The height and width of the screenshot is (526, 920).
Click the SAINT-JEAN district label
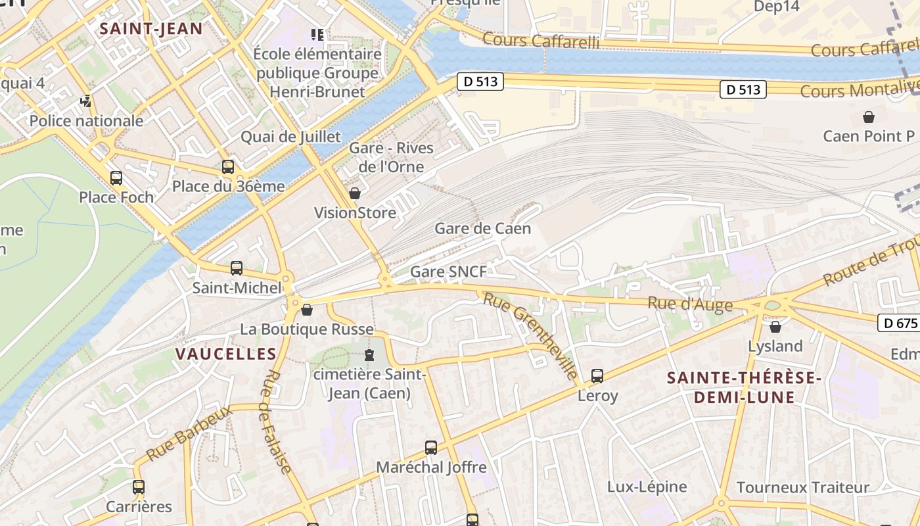[150, 28]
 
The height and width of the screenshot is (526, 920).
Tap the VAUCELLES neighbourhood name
[225, 354]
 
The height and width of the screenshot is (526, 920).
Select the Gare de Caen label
[482, 229]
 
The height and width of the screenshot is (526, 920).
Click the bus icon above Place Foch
[116, 178]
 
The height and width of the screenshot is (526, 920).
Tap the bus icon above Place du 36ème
[228, 166]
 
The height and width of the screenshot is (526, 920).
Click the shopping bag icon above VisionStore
[355, 193]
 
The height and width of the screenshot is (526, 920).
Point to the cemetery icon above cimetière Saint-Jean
[369, 356]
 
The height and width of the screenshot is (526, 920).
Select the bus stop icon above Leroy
[597, 376]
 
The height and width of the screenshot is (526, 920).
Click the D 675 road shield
[898, 323]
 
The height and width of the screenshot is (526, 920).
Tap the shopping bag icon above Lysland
[775, 326]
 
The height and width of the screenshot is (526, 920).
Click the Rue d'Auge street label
[689, 304]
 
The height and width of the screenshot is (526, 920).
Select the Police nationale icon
[86, 101]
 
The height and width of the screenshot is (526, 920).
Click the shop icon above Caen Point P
[869, 117]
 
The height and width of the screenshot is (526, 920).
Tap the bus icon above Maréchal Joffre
[431, 448]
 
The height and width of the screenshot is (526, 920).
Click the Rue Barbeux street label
[189, 433]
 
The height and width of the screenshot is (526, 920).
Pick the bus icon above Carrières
[139, 487]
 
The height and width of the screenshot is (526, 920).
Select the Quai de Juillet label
[290, 137]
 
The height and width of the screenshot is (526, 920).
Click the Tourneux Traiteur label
[802, 487]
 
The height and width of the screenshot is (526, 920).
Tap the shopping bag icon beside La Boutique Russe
[307, 309]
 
